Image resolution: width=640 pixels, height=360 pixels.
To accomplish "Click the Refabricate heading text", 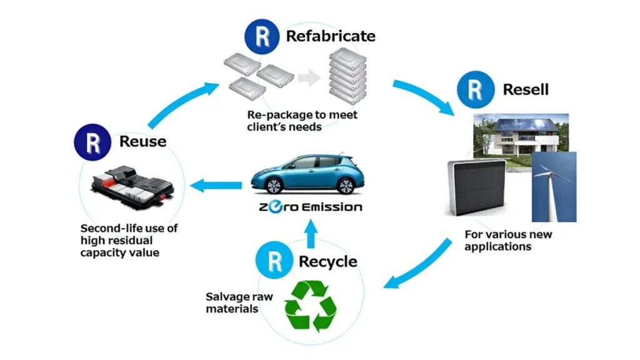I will pyautogui.click(x=330, y=36).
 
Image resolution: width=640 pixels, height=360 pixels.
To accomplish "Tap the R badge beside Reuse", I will pyautogui.click(x=93, y=141).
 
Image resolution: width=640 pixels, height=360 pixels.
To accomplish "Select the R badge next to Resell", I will pyautogui.click(x=476, y=89).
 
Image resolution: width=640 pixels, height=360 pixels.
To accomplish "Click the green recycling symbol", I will pyautogui.click(x=311, y=306).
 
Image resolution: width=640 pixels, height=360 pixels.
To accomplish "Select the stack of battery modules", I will pyautogui.click(x=347, y=76).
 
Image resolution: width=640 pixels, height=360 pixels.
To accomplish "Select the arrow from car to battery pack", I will pyautogui.click(x=215, y=185).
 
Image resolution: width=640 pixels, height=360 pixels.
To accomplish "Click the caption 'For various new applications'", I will pyautogui.click(x=507, y=241).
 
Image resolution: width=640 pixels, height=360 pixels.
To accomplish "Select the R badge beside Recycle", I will pyautogui.click(x=273, y=261).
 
